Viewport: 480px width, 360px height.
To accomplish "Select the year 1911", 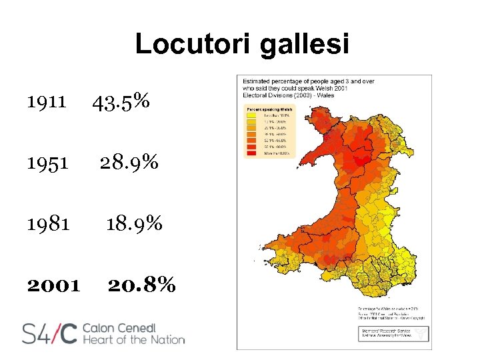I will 47,102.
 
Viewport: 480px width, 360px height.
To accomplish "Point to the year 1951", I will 47,163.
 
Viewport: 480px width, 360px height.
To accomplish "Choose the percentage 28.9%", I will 129,163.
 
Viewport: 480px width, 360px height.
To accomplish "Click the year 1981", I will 48,224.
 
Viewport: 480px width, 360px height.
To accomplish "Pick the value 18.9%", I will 134,224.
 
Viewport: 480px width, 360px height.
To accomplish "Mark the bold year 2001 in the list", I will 53,285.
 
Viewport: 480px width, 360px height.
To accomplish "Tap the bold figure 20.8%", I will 142,285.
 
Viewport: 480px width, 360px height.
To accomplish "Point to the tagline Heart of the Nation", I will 133,340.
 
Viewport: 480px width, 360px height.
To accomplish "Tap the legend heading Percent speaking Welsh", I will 269,107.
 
